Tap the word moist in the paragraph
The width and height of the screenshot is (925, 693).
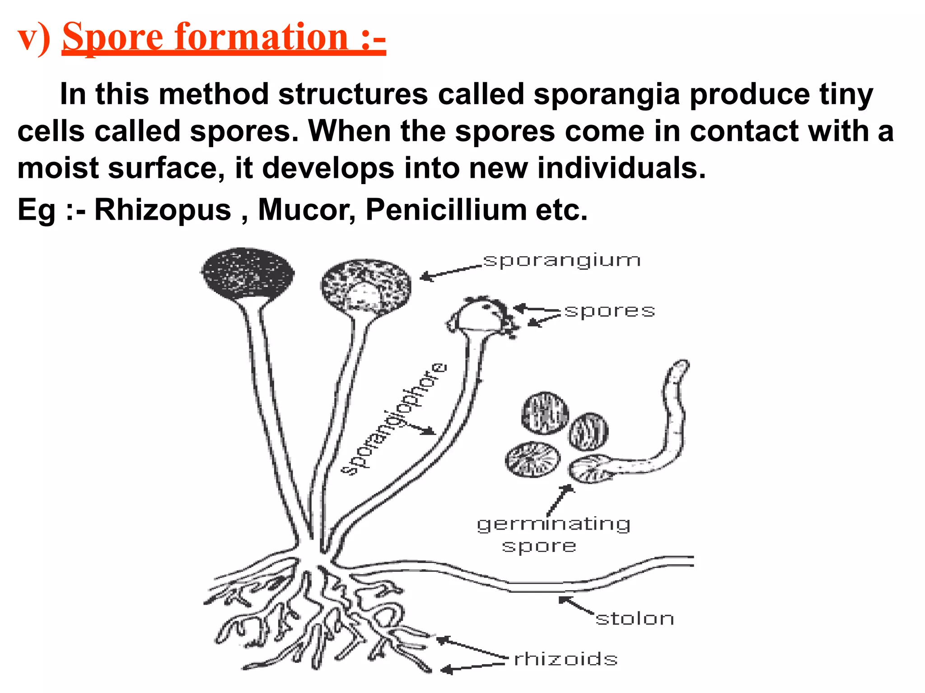tap(58, 168)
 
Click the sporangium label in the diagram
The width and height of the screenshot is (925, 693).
tap(562, 261)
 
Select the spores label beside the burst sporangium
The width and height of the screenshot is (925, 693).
tap(609, 311)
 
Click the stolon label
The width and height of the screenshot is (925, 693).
tap(635, 619)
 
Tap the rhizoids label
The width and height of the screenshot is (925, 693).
tap(566, 659)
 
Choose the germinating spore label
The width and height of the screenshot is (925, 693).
tap(553, 534)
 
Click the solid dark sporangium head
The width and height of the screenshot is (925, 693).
tap(247, 273)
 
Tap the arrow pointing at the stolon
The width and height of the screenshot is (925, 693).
tap(576, 605)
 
